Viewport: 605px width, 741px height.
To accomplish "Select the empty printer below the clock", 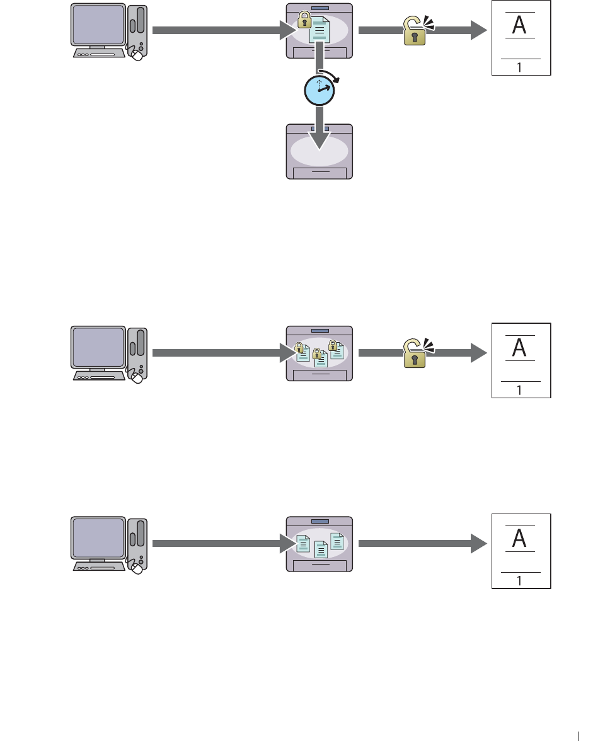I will (319, 151).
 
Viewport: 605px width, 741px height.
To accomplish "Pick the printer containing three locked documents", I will (319, 353).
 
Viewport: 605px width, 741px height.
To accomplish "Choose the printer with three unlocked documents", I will (319, 544).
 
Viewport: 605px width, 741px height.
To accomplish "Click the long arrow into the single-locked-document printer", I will (217, 30).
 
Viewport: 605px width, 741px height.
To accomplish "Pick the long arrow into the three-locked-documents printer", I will (217, 353).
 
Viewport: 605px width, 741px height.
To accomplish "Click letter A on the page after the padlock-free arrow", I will (520, 538).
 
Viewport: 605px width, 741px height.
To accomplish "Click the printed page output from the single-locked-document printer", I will (521, 38).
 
